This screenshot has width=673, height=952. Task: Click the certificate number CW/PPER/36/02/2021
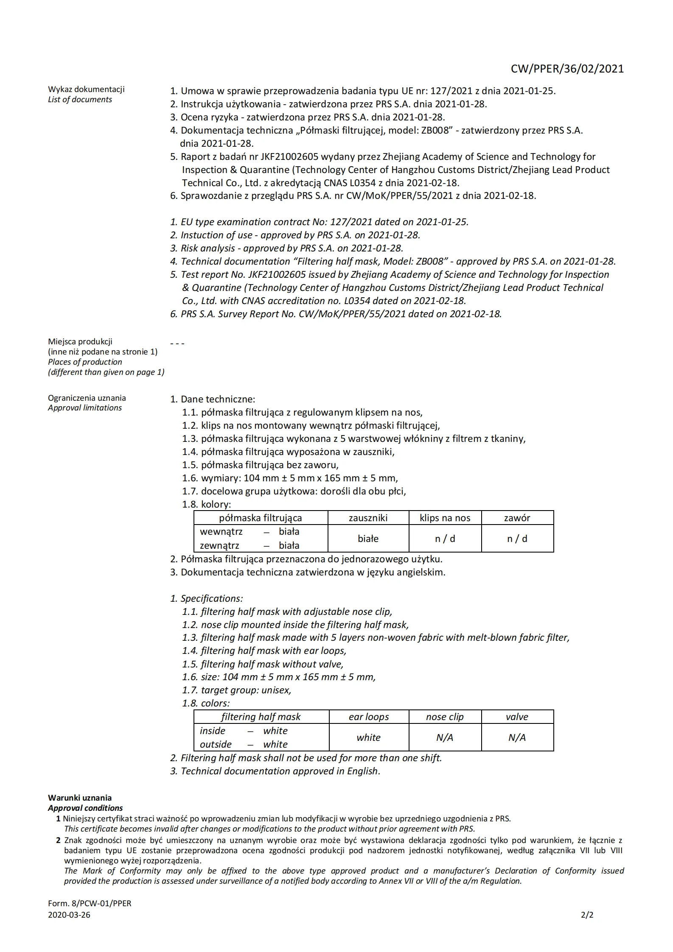pyautogui.click(x=567, y=69)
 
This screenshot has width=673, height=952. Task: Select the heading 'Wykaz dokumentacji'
pyautogui.click(x=86, y=89)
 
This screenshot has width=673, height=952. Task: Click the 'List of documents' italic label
pyautogui.click(x=80, y=100)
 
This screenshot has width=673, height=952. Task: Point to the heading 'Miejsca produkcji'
pyautogui.click(x=80, y=341)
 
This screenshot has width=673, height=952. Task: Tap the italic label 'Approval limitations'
pyautogui.click(x=85, y=408)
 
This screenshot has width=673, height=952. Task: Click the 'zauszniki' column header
pyautogui.click(x=368, y=518)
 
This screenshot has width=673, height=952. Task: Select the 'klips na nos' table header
pyautogui.click(x=445, y=518)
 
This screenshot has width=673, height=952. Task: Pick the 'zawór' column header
pyautogui.click(x=517, y=518)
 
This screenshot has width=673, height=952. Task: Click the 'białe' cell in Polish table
pyautogui.click(x=368, y=539)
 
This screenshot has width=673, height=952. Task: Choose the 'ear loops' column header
pyautogui.click(x=368, y=717)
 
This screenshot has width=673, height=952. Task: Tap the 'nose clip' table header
pyautogui.click(x=445, y=717)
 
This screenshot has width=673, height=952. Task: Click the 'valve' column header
pyautogui.click(x=517, y=717)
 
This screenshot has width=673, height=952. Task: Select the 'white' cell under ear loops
pyautogui.click(x=368, y=737)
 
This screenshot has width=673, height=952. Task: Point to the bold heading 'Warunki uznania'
pyautogui.click(x=80, y=798)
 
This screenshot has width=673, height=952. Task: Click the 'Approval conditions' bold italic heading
pyautogui.click(x=85, y=808)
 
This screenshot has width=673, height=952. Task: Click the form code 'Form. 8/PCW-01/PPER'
pyautogui.click(x=90, y=904)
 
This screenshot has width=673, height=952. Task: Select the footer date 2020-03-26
pyautogui.click(x=69, y=915)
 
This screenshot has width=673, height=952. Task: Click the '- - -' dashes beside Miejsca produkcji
pyautogui.click(x=177, y=343)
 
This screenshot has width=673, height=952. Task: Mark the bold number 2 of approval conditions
pyautogui.click(x=59, y=840)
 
